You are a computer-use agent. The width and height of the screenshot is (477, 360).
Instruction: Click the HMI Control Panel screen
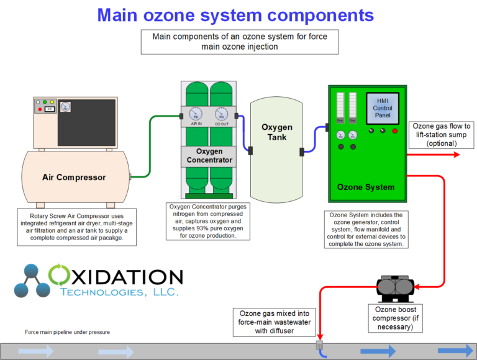coord(382,107)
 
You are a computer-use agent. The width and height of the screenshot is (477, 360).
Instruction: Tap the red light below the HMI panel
coord(394,130)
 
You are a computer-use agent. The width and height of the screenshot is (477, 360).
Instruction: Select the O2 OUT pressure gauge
coord(221,115)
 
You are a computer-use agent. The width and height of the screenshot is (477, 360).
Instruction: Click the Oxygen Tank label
coord(276,132)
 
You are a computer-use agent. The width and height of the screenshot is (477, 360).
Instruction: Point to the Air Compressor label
coord(74,177)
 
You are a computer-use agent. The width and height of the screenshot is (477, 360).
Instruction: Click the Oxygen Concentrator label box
coord(209,155)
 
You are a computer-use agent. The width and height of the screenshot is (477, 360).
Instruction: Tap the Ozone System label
coord(366,187)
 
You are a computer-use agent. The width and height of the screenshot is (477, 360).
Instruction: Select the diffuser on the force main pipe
coord(320,345)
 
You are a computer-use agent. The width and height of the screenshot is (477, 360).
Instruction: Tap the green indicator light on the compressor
coord(40,102)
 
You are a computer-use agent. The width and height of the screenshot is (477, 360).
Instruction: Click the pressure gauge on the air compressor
coord(66,107)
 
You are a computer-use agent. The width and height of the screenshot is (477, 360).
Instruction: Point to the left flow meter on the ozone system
coord(340,107)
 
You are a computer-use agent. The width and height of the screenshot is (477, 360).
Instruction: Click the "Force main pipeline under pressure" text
coord(67,332)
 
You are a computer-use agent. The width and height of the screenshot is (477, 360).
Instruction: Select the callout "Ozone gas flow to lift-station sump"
coord(442,135)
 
